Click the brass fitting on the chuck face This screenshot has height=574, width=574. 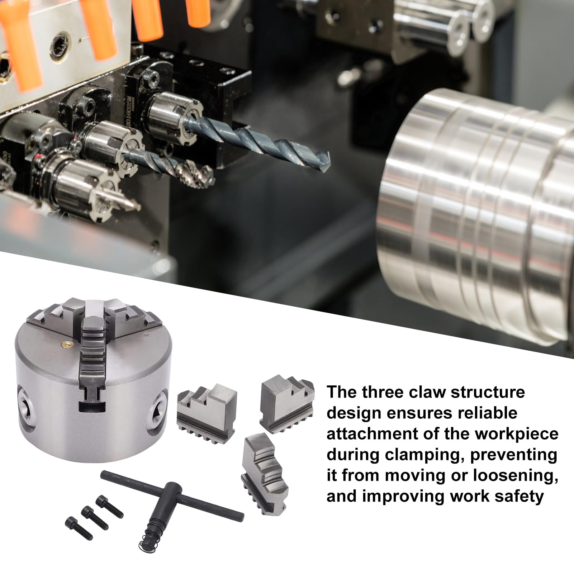[x=66, y=344]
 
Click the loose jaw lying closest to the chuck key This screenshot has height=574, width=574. [x=264, y=472]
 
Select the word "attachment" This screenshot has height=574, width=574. [x=375, y=435]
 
